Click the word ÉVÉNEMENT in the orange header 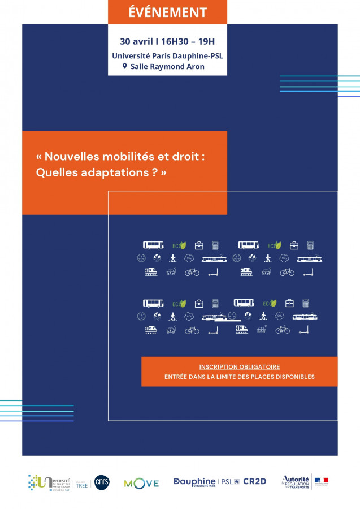pyautogui.click(x=167, y=12)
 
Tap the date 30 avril pyautogui.click(x=135, y=41)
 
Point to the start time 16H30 pyautogui.click(x=176, y=41)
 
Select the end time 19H pyautogui.click(x=207, y=41)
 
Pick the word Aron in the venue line pyautogui.click(x=194, y=67)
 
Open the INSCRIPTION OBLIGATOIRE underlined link pyautogui.click(x=239, y=367)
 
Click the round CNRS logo pyautogui.click(x=102, y=482)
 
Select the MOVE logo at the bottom pyautogui.click(x=141, y=483)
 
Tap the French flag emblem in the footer pyautogui.click(x=322, y=482)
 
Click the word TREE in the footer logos pyautogui.click(x=82, y=485)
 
